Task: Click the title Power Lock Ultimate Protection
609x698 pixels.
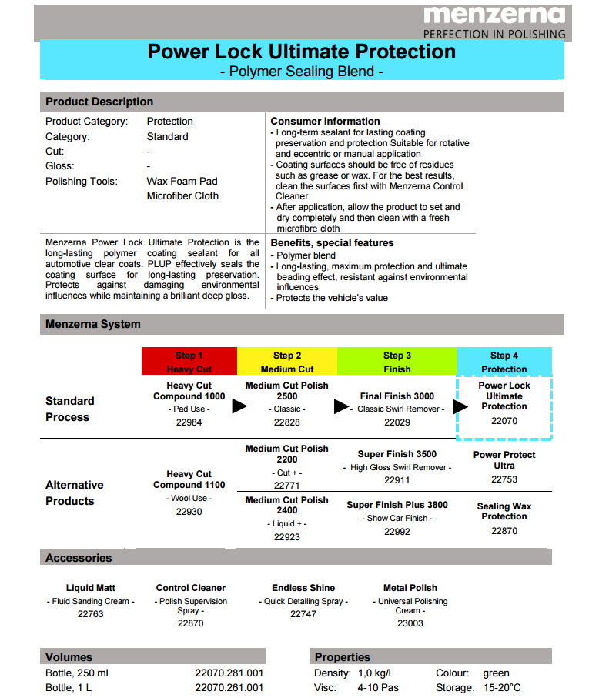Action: point(301,52)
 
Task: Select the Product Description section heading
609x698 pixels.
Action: point(99,102)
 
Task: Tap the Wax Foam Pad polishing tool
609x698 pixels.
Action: point(182,182)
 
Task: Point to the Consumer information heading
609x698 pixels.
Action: point(325,121)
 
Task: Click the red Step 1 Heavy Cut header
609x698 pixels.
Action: point(189,362)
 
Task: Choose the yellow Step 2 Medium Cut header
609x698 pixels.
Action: point(287,362)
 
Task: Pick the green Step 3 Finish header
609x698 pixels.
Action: point(397,362)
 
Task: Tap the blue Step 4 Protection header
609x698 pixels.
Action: point(504,362)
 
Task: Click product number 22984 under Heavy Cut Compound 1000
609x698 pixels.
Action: point(189,422)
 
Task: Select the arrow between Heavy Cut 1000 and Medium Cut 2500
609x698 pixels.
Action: point(239,406)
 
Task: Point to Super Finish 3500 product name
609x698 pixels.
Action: point(397,454)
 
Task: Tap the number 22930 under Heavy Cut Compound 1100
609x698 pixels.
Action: point(189,511)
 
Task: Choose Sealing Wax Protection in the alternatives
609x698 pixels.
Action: point(504,511)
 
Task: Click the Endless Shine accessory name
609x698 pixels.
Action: point(303,588)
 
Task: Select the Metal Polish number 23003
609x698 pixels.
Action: point(410,623)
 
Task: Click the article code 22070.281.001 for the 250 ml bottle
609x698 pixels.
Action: point(229,673)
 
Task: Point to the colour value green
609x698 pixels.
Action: point(497,673)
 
